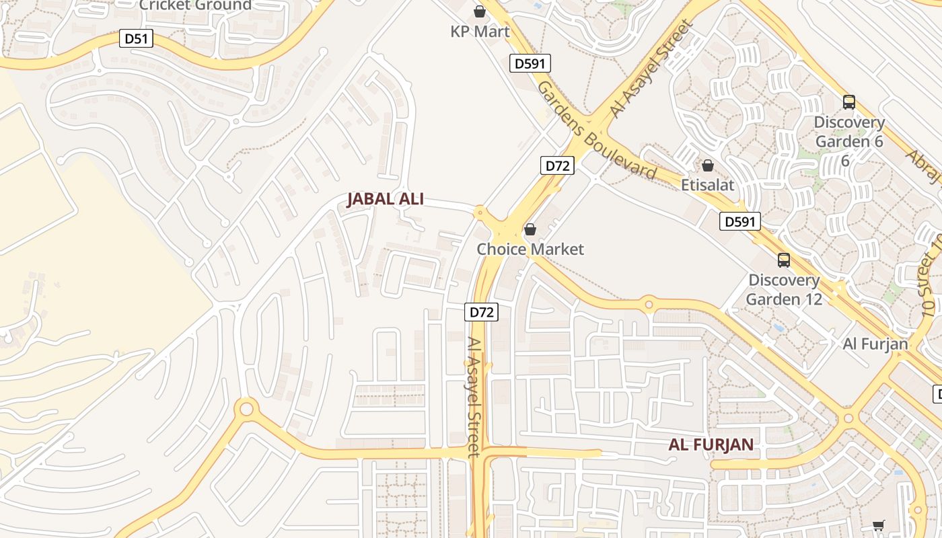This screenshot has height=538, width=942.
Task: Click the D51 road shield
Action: pyautogui.click(x=136, y=39)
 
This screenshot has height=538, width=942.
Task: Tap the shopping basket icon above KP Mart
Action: pyautogui.click(x=479, y=11)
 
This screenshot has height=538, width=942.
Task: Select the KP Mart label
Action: pyautogui.click(x=480, y=32)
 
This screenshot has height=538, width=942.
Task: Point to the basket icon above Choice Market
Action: pyautogui.click(x=530, y=230)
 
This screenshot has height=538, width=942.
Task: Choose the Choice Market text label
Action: pyautogui.click(x=530, y=249)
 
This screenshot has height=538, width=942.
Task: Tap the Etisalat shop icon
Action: pyautogui.click(x=708, y=165)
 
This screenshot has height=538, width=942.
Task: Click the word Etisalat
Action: pyautogui.click(x=708, y=184)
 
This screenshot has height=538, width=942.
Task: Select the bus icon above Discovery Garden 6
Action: pyautogui.click(x=849, y=102)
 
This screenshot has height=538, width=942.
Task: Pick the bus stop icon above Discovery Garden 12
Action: pyautogui.click(x=784, y=260)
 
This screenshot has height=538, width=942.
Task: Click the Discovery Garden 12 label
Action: pyautogui.click(x=784, y=289)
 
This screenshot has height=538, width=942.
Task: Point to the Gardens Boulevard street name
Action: pyautogui.click(x=595, y=130)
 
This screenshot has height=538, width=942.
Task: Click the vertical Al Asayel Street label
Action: pyautogui.click(x=475, y=397)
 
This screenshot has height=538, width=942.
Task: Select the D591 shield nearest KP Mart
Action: pyautogui.click(x=530, y=63)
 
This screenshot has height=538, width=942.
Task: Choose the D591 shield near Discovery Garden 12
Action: pyautogui.click(x=740, y=221)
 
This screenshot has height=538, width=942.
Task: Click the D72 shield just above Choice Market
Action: pyautogui.click(x=557, y=165)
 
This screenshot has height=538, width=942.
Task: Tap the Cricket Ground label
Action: pyautogui.click(x=195, y=5)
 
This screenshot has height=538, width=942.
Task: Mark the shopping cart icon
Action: pyautogui.click(x=878, y=525)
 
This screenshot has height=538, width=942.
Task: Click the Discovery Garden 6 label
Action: pyautogui.click(x=849, y=132)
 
